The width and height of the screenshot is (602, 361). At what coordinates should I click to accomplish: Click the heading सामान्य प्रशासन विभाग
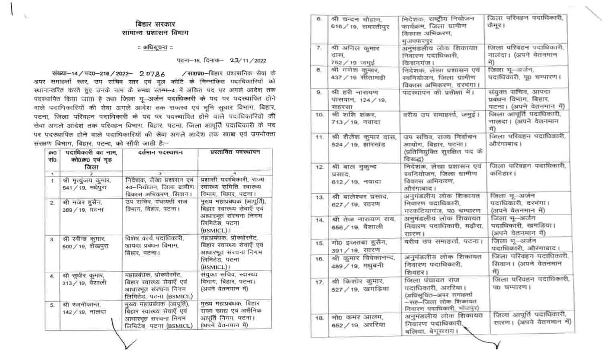point(156,33)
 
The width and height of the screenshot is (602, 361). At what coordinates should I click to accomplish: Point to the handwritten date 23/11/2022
point(248,61)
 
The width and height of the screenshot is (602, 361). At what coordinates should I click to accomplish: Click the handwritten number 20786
point(152,74)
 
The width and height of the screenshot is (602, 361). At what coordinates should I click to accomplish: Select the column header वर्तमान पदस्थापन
point(160,153)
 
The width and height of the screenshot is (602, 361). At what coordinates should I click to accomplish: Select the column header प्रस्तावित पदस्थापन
point(235,153)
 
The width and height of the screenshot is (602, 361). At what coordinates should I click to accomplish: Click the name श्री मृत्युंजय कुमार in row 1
point(86,180)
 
